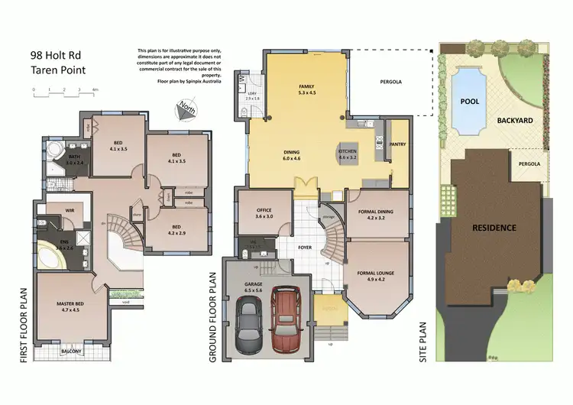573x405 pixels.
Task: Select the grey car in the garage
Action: (250, 325)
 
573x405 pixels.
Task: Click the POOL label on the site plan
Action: (468, 100)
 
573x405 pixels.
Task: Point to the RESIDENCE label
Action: (494, 227)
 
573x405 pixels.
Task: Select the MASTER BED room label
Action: (70, 308)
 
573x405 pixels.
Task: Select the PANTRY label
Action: (397, 143)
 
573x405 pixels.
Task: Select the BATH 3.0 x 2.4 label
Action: (73, 158)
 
